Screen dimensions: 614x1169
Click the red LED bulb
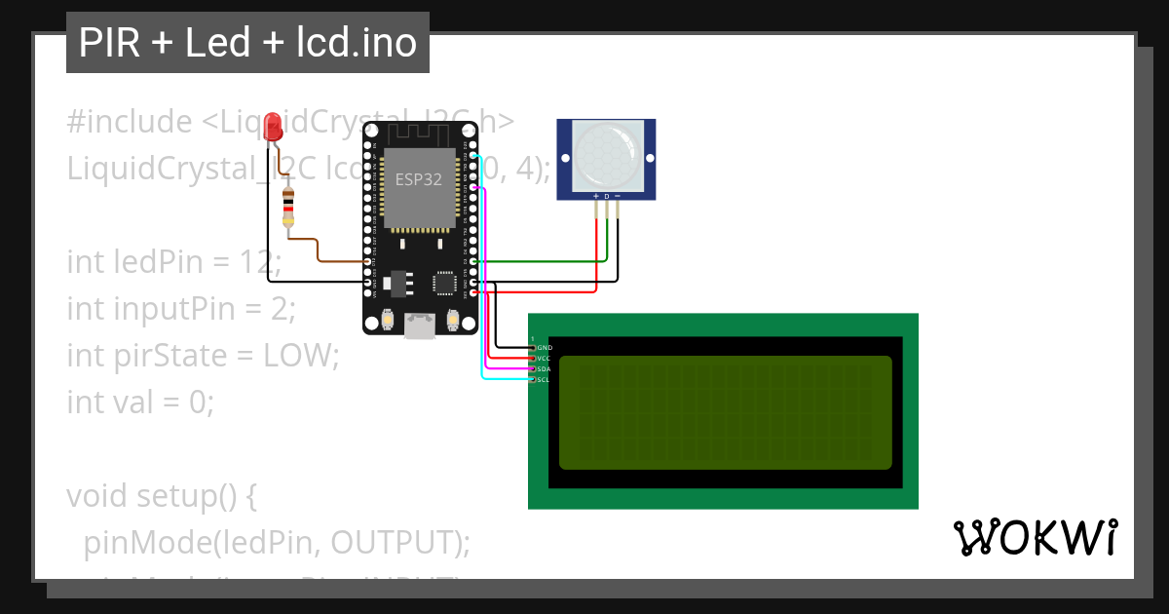273,125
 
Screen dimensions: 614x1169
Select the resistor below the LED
287,210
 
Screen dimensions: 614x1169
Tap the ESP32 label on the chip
417,179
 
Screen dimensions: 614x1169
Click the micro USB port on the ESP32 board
420,326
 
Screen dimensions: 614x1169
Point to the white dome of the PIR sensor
606,155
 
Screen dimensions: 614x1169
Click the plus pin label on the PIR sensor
595,197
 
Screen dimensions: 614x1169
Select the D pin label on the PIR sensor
606,197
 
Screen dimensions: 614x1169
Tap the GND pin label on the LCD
545,347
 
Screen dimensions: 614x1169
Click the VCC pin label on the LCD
545,359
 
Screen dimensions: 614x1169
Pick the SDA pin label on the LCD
545,369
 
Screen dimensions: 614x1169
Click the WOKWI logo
1035,538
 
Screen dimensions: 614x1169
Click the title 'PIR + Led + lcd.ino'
247,43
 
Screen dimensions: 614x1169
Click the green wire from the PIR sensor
546,261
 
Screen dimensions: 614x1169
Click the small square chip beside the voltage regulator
445,283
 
